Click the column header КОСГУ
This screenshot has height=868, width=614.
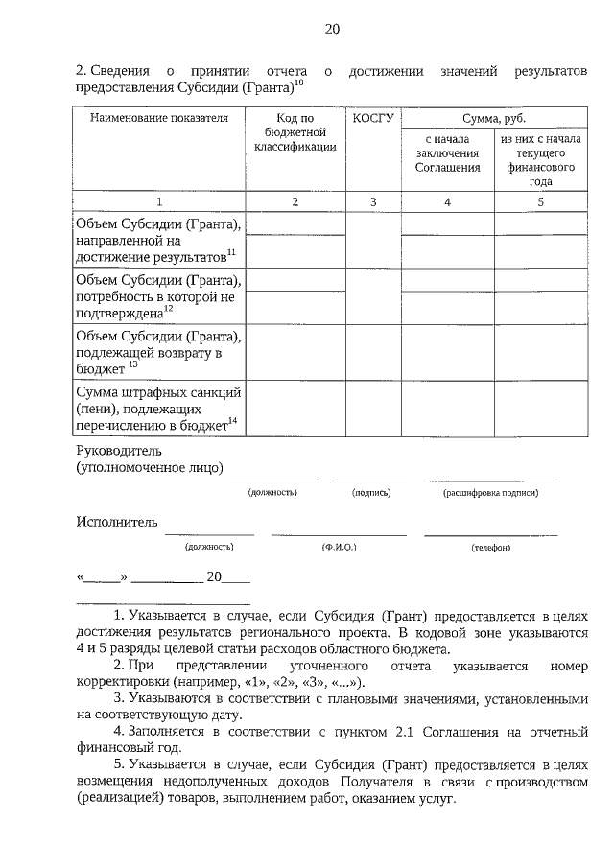[x=373, y=119]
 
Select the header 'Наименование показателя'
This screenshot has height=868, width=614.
[x=159, y=119]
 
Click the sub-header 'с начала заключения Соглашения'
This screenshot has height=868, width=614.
[x=447, y=153]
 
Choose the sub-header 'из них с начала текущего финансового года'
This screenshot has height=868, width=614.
[x=540, y=159]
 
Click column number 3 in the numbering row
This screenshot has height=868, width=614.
[x=373, y=201]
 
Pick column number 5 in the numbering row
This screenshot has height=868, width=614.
[x=540, y=201]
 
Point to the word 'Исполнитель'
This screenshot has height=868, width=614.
[x=116, y=522]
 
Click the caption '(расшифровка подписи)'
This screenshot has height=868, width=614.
[x=490, y=492]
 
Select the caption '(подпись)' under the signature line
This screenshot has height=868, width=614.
[x=371, y=492]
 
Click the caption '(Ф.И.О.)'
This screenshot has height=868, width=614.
[x=340, y=547]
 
